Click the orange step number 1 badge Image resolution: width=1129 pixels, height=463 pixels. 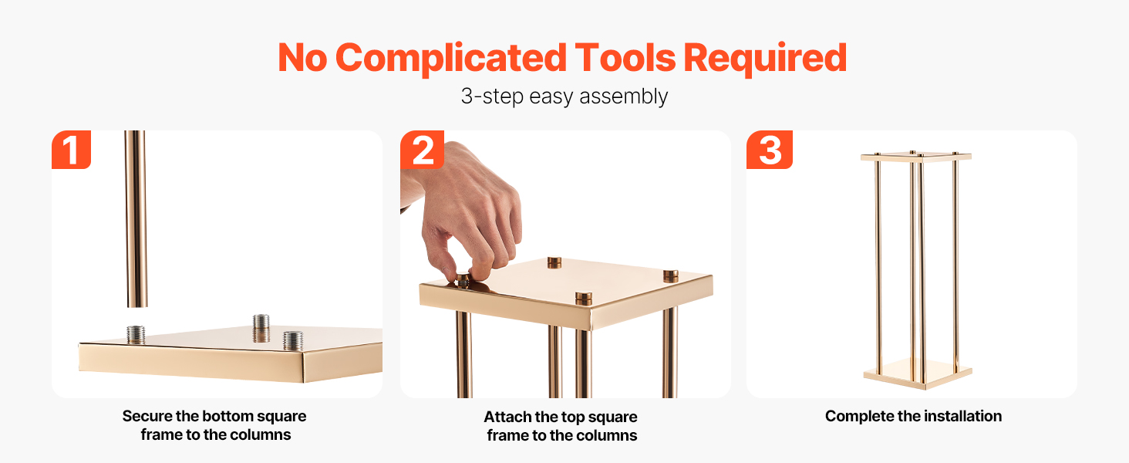(x=71, y=150)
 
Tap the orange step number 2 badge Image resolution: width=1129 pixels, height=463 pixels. (x=422, y=150)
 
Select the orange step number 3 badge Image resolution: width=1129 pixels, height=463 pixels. (x=769, y=150)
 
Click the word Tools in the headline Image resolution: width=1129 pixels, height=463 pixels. (x=625, y=58)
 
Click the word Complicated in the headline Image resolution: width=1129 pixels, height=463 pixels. (x=451, y=59)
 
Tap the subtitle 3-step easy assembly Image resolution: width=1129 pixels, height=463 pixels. (x=564, y=96)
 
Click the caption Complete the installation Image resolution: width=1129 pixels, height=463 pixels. (x=913, y=416)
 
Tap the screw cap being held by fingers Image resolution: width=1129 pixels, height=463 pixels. (x=463, y=280)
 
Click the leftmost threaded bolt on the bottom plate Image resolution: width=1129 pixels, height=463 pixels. (x=136, y=334)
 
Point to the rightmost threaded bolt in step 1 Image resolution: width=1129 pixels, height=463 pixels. (x=293, y=340)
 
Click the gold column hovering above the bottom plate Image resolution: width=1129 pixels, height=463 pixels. (x=136, y=219)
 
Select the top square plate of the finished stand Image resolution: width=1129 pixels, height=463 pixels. (x=916, y=157)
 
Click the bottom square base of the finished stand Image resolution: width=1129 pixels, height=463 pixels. (x=918, y=374)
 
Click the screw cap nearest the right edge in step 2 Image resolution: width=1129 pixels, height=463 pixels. (x=670, y=276)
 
